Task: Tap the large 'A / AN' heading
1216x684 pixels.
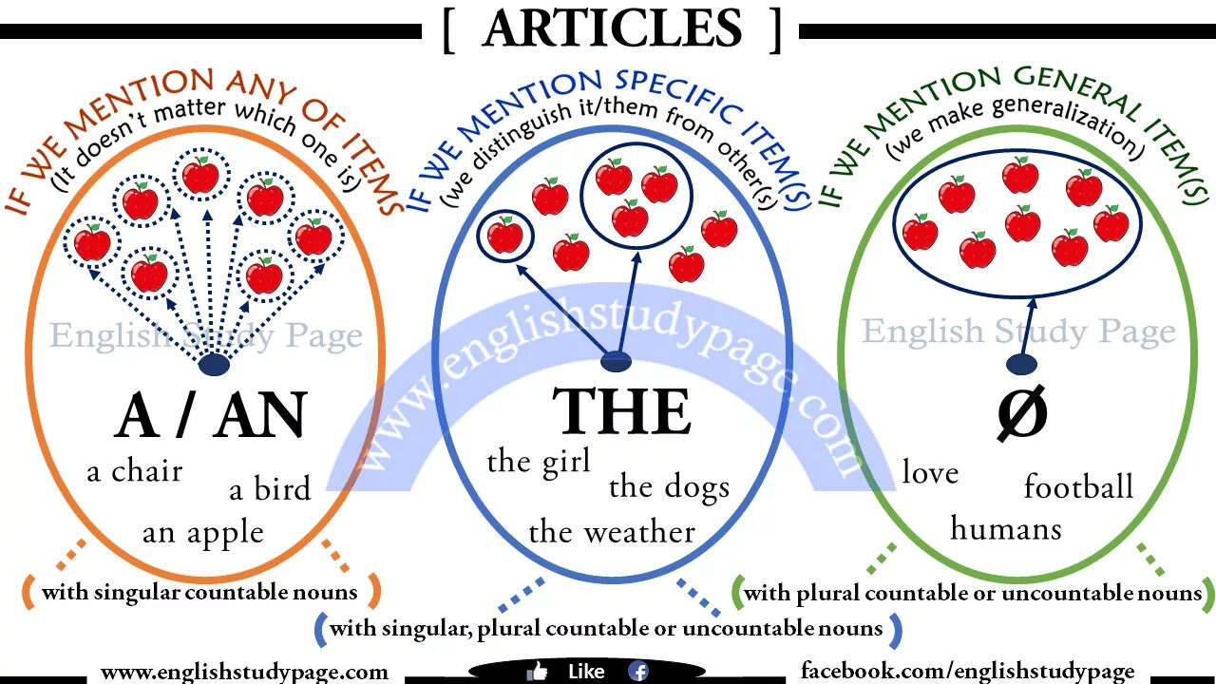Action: pos(211,416)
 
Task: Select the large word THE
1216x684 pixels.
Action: pos(621,412)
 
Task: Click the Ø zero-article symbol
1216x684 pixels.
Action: pos(1022,414)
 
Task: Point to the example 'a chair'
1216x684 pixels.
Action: pos(135,470)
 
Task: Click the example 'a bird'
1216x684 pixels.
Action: pos(270,489)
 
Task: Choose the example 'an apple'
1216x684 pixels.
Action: pos(202,533)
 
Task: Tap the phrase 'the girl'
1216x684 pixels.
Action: pos(539,462)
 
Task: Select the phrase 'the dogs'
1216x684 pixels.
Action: pos(669,487)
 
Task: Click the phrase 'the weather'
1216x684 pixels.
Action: pos(612,532)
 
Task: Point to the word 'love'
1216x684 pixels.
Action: pos(930,472)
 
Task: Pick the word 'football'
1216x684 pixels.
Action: pos(1078,486)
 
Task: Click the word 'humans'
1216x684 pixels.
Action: pos(1006,528)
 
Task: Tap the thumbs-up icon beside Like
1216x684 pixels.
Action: pos(538,671)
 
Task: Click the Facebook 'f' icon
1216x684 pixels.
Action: pos(638,671)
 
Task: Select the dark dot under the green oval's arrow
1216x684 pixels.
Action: pos(1021,364)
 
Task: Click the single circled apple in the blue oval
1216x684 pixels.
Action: pos(505,235)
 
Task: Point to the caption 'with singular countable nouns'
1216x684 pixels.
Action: pos(199,593)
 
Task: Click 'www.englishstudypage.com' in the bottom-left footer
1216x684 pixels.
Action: pos(244,672)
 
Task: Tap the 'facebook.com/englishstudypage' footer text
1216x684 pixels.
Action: pos(967,671)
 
